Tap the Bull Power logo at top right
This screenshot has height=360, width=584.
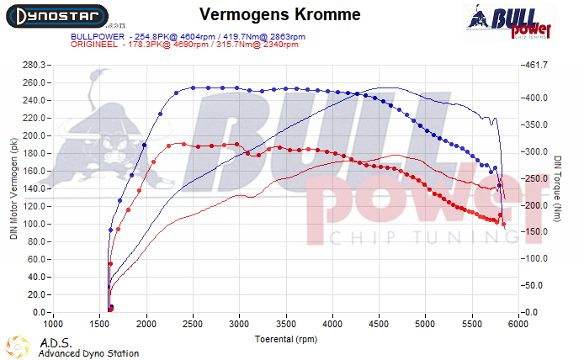[x=510, y=22]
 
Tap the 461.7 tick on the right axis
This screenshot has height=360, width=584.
[x=536, y=65]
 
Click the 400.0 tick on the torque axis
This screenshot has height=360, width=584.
[x=536, y=98]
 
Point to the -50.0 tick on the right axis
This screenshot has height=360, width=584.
[x=536, y=286]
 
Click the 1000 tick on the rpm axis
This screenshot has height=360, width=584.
[x=54, y=324]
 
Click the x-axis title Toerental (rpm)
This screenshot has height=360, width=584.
[x=289, y=340]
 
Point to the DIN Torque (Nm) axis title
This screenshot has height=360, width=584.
[x=557, y=189]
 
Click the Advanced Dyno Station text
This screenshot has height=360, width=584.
[x=88, y=353]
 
